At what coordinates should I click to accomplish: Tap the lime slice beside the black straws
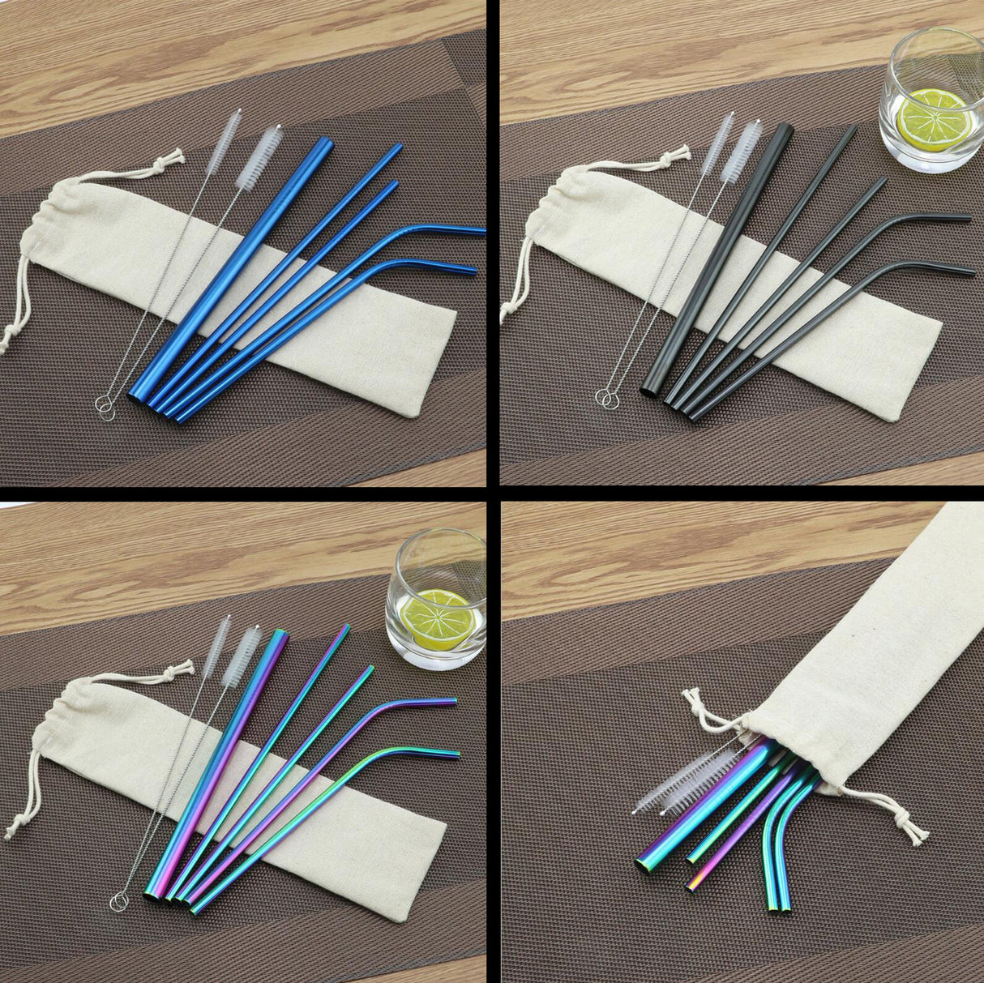934,119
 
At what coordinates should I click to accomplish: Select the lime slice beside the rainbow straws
438,619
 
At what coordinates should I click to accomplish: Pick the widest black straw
717,259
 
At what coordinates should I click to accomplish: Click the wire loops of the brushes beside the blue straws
105,407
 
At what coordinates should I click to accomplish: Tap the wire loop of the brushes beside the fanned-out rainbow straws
119,900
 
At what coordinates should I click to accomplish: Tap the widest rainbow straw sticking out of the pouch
697,810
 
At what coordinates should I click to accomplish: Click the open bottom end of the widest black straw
650,391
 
